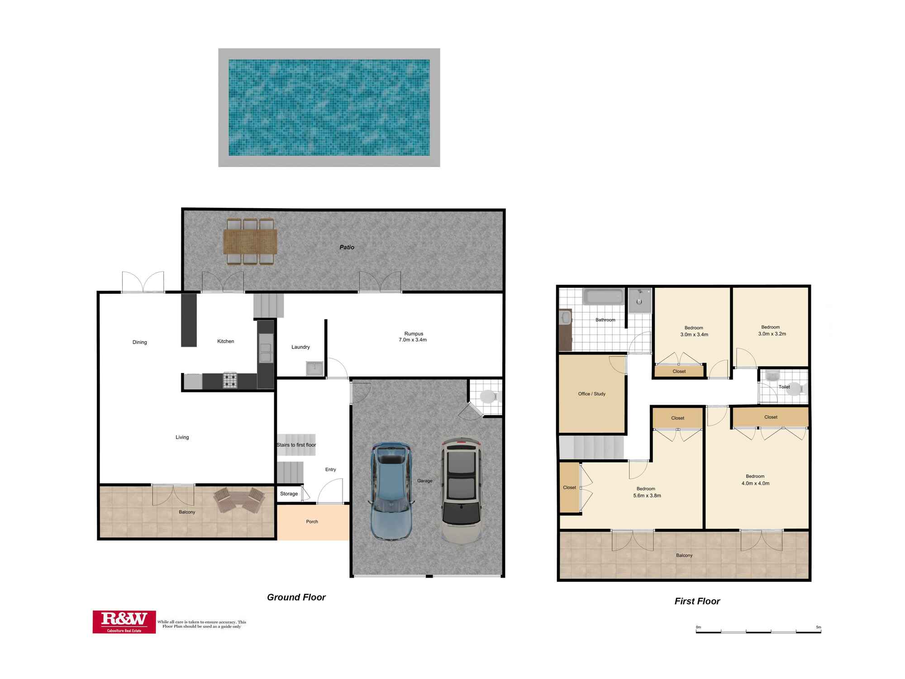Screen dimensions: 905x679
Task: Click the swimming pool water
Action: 329,107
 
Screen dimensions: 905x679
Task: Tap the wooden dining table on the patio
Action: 250,241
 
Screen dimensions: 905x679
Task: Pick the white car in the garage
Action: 461,491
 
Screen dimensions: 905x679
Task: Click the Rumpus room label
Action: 413,334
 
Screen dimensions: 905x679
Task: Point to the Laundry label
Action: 300,347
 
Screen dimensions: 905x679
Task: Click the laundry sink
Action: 314,368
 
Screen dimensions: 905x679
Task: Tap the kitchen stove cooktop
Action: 230,380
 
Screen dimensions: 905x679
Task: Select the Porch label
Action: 312,521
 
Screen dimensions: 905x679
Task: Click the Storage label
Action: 289,494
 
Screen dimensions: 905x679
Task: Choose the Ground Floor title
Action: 296,597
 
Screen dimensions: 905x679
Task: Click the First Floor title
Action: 697,601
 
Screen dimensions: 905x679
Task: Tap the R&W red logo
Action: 124,622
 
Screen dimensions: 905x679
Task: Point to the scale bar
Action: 758,631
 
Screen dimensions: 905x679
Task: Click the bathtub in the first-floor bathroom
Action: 603,297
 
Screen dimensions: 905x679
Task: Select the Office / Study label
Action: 591,394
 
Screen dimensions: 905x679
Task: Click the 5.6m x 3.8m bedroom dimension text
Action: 647,496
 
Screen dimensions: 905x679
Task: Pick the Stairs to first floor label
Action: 296,445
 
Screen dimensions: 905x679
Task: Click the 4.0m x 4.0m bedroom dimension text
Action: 755,483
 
